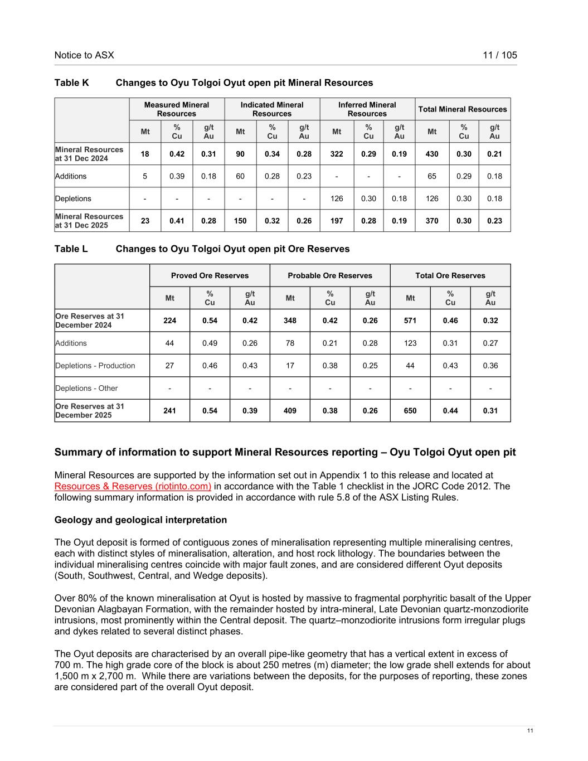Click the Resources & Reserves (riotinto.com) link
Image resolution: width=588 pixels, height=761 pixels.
[x=133, y=486]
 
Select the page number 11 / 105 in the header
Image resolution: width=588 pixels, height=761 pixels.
[x=500, y=55]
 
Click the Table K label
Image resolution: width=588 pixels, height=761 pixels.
[x=71, y=83]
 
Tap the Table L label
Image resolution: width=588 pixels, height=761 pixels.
[x=71, y=249]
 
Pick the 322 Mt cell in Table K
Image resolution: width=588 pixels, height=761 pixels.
[x=337, y=154]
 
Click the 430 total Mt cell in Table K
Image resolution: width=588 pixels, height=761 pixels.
[x=432, y=154]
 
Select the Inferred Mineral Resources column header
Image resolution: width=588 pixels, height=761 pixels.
[x=367, y=109]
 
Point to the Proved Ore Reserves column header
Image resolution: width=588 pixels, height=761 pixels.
[x=210, y=275]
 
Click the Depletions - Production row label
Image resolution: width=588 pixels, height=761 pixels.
[x=95, y=366]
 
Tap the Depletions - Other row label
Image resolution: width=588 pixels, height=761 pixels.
[x=86, y=388]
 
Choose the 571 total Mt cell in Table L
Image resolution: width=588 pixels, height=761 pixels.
[x=410, y=321]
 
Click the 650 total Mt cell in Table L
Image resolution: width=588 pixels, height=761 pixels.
[x=410, y=411]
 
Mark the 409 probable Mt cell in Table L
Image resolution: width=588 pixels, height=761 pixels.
[x=290, y=411]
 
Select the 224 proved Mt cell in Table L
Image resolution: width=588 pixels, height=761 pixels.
[x=169, y=321]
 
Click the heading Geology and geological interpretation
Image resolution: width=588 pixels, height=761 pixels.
[x=140, y=520]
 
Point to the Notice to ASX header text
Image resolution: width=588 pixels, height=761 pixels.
[x=84, y=55]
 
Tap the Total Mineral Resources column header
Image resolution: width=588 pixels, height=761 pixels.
[x=463, y=109]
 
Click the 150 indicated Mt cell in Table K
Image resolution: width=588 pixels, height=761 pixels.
[x=240, y=221]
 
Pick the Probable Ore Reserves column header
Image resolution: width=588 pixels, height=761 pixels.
[x=330, y=275]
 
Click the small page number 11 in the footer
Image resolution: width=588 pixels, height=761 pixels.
[x=530, y=731]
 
